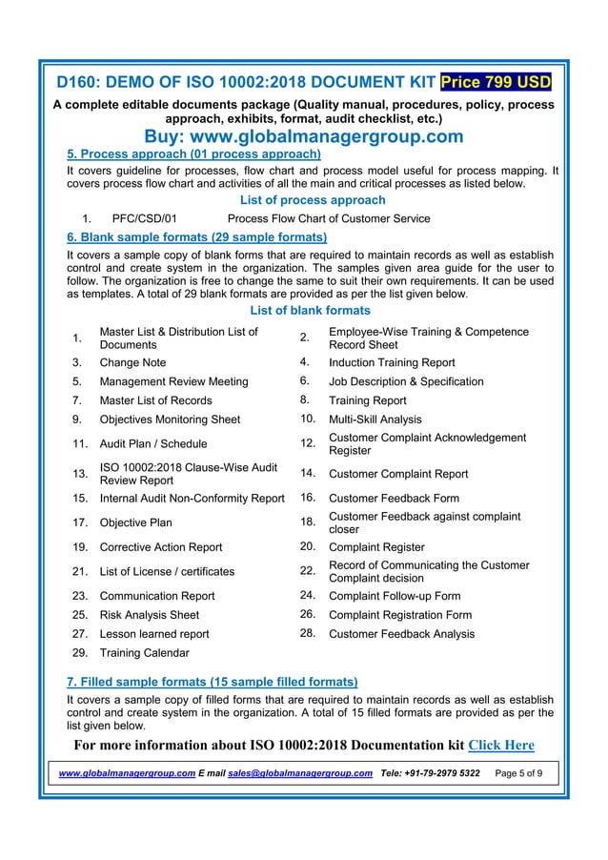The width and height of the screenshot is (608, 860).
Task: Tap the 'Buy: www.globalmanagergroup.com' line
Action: [303, 136]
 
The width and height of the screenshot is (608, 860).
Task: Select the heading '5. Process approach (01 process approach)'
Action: [193, 154]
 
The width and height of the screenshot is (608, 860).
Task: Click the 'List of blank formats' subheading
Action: [309, 311]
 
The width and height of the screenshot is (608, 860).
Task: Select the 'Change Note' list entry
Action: [132, 362]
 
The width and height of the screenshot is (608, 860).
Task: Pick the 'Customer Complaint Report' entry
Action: [397, 473]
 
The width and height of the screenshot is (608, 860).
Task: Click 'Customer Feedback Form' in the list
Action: [394, 498]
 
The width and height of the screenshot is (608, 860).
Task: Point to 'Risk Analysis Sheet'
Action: [150, 615]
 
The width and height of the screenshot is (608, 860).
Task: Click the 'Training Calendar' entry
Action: [144, 653]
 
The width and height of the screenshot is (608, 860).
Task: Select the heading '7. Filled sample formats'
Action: [212, 682]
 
